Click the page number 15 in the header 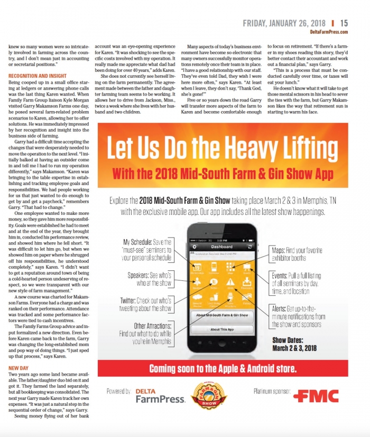tap(344, 23)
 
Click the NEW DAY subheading tap(18, 368)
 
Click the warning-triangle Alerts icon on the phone tap(230, 283)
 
